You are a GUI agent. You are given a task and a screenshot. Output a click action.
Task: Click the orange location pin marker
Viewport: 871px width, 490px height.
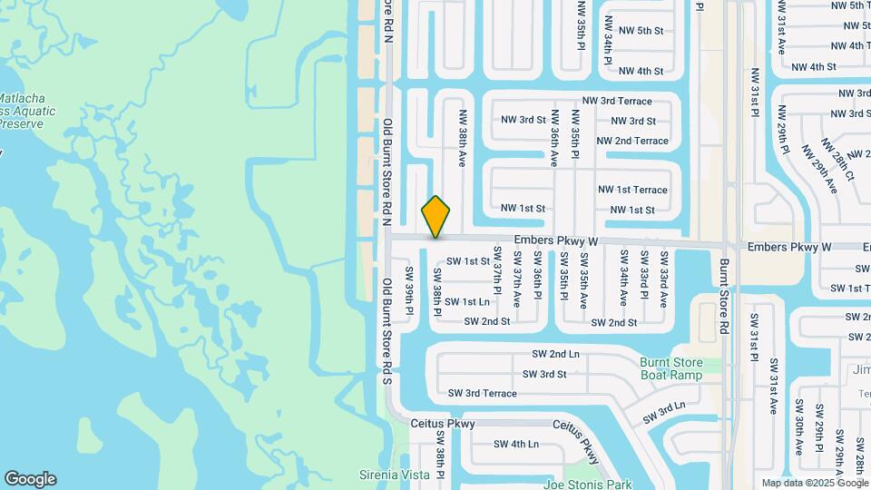point(435,216)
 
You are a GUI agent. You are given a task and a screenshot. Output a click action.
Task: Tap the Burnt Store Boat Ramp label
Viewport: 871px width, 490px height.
point(670,369)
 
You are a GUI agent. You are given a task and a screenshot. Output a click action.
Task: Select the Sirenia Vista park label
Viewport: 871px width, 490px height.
point(393,475)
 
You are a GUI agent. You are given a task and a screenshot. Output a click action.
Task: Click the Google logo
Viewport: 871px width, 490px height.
point(30,479)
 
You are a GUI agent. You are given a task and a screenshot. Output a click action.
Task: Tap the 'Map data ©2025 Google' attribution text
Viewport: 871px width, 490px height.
point(815,483)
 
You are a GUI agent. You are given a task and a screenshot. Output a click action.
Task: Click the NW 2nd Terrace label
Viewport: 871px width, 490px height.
point(632,141)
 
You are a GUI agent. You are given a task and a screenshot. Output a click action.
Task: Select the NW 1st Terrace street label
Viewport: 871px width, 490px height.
point(632,190)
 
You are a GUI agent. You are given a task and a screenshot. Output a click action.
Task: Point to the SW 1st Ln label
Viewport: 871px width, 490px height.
point(469,301)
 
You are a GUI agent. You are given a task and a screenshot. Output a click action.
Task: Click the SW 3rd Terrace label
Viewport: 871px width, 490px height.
point(483,393)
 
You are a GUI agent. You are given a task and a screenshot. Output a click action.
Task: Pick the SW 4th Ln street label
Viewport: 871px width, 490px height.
point(516,444)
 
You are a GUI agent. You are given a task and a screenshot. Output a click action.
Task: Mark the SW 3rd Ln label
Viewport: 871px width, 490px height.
point(664,412)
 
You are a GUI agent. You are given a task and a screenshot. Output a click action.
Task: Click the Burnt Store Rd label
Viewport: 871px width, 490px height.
point(724,296)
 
